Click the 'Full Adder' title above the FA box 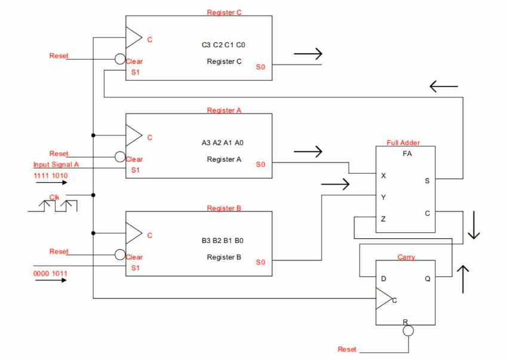click(x=403, y=143)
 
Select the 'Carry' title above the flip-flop click(x=406, y=257)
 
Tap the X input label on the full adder click(x=383, y=176)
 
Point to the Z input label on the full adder click(x=383, y=220)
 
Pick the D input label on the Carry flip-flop click(x=383, y=279)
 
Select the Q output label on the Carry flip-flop click(x=427, y=279)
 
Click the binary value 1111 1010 click(x=50, y=176)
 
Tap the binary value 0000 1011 click(x=50, y=273)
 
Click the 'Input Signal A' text click(x=56, y=164)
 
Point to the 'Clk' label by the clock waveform click(x=54, y=198)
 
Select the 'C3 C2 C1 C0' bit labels click(x=224, y=45)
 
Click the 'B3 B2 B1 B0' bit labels click(x=223, y=241)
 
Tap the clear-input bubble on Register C click(x=119, y=60)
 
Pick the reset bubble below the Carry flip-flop click(x=407, y=330)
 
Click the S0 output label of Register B click(x=260, y=262)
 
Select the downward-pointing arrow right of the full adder click(x=474, y=225)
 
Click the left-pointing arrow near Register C click(x=443, y=87)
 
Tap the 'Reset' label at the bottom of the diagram click(x=347, y=349)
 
